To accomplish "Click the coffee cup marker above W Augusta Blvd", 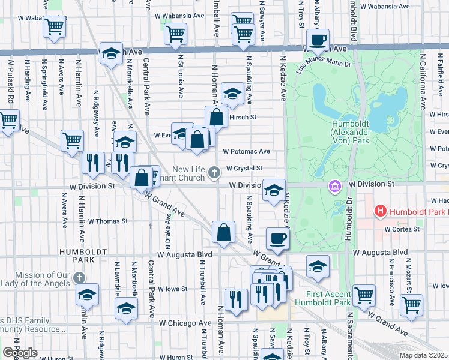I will coord(277,239).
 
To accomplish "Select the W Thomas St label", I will coord(108,221).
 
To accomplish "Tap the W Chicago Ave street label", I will coord(185,323).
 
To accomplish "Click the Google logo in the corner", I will coord(20,353).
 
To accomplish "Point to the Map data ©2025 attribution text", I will coord(424,355).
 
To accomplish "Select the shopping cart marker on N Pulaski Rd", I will coord(8,120).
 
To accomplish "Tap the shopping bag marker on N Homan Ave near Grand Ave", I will coord(223,233).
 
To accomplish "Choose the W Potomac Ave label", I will coord(247,152).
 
